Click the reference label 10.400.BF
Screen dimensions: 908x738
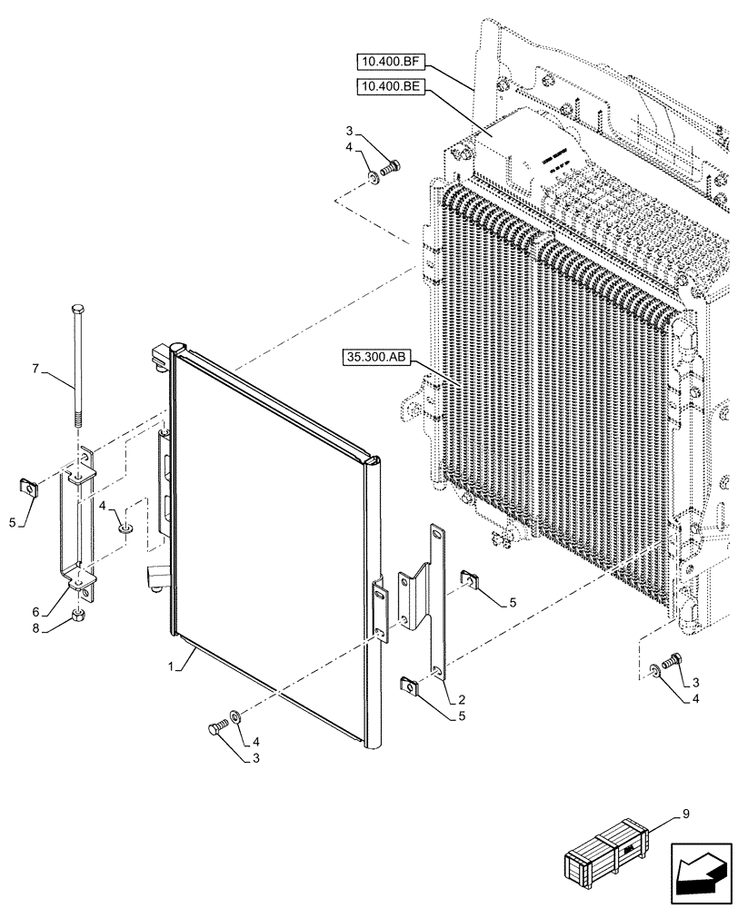click(x=389, y=63)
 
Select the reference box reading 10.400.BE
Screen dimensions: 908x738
click(x=389, y=87)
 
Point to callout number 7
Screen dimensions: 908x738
click(x=36, y=369)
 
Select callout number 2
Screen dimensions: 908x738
click(x=463, y=699)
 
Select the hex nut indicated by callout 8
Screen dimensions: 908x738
click(x=80, y=618)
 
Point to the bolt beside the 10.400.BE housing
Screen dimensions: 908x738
click(x=392, y=167)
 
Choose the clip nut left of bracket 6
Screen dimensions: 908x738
click(x=29, y=488)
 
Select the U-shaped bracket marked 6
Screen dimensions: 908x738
click(x=76, y=527)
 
